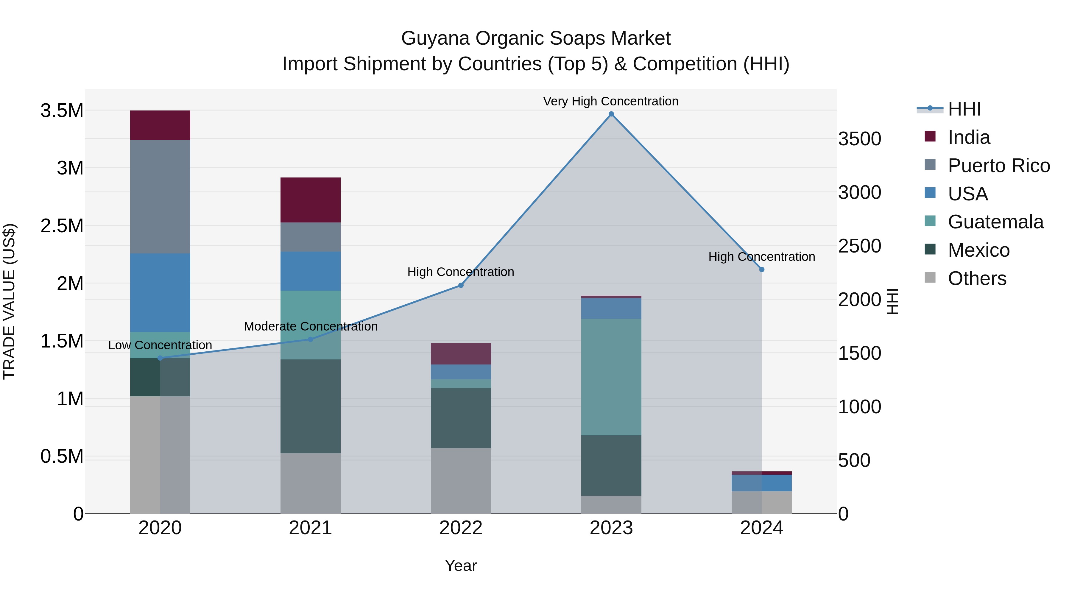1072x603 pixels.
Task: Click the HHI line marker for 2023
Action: (x=611, y=114)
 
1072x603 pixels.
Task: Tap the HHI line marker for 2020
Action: (x=160, y=358)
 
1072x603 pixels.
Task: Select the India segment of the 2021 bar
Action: (x=311, y=200)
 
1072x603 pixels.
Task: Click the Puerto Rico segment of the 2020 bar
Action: (x=160, y=197)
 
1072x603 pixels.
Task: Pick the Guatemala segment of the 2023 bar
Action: (x=611, y=377)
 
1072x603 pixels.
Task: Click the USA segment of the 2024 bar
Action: (x=761, y=483)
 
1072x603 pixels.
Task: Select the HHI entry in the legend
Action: (x=964, y=109)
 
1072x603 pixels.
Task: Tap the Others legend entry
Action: (x=976, y=278)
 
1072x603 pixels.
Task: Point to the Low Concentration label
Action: (x=160, y=345)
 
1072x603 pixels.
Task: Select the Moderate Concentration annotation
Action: (x=311, y=326)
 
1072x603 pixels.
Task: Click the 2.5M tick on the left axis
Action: (x=62, y=226)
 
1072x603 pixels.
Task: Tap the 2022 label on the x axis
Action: (x=461, y=528)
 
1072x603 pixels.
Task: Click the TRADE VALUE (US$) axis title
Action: (x=9, y=301)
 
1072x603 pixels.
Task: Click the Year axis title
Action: (x=461, y=565)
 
